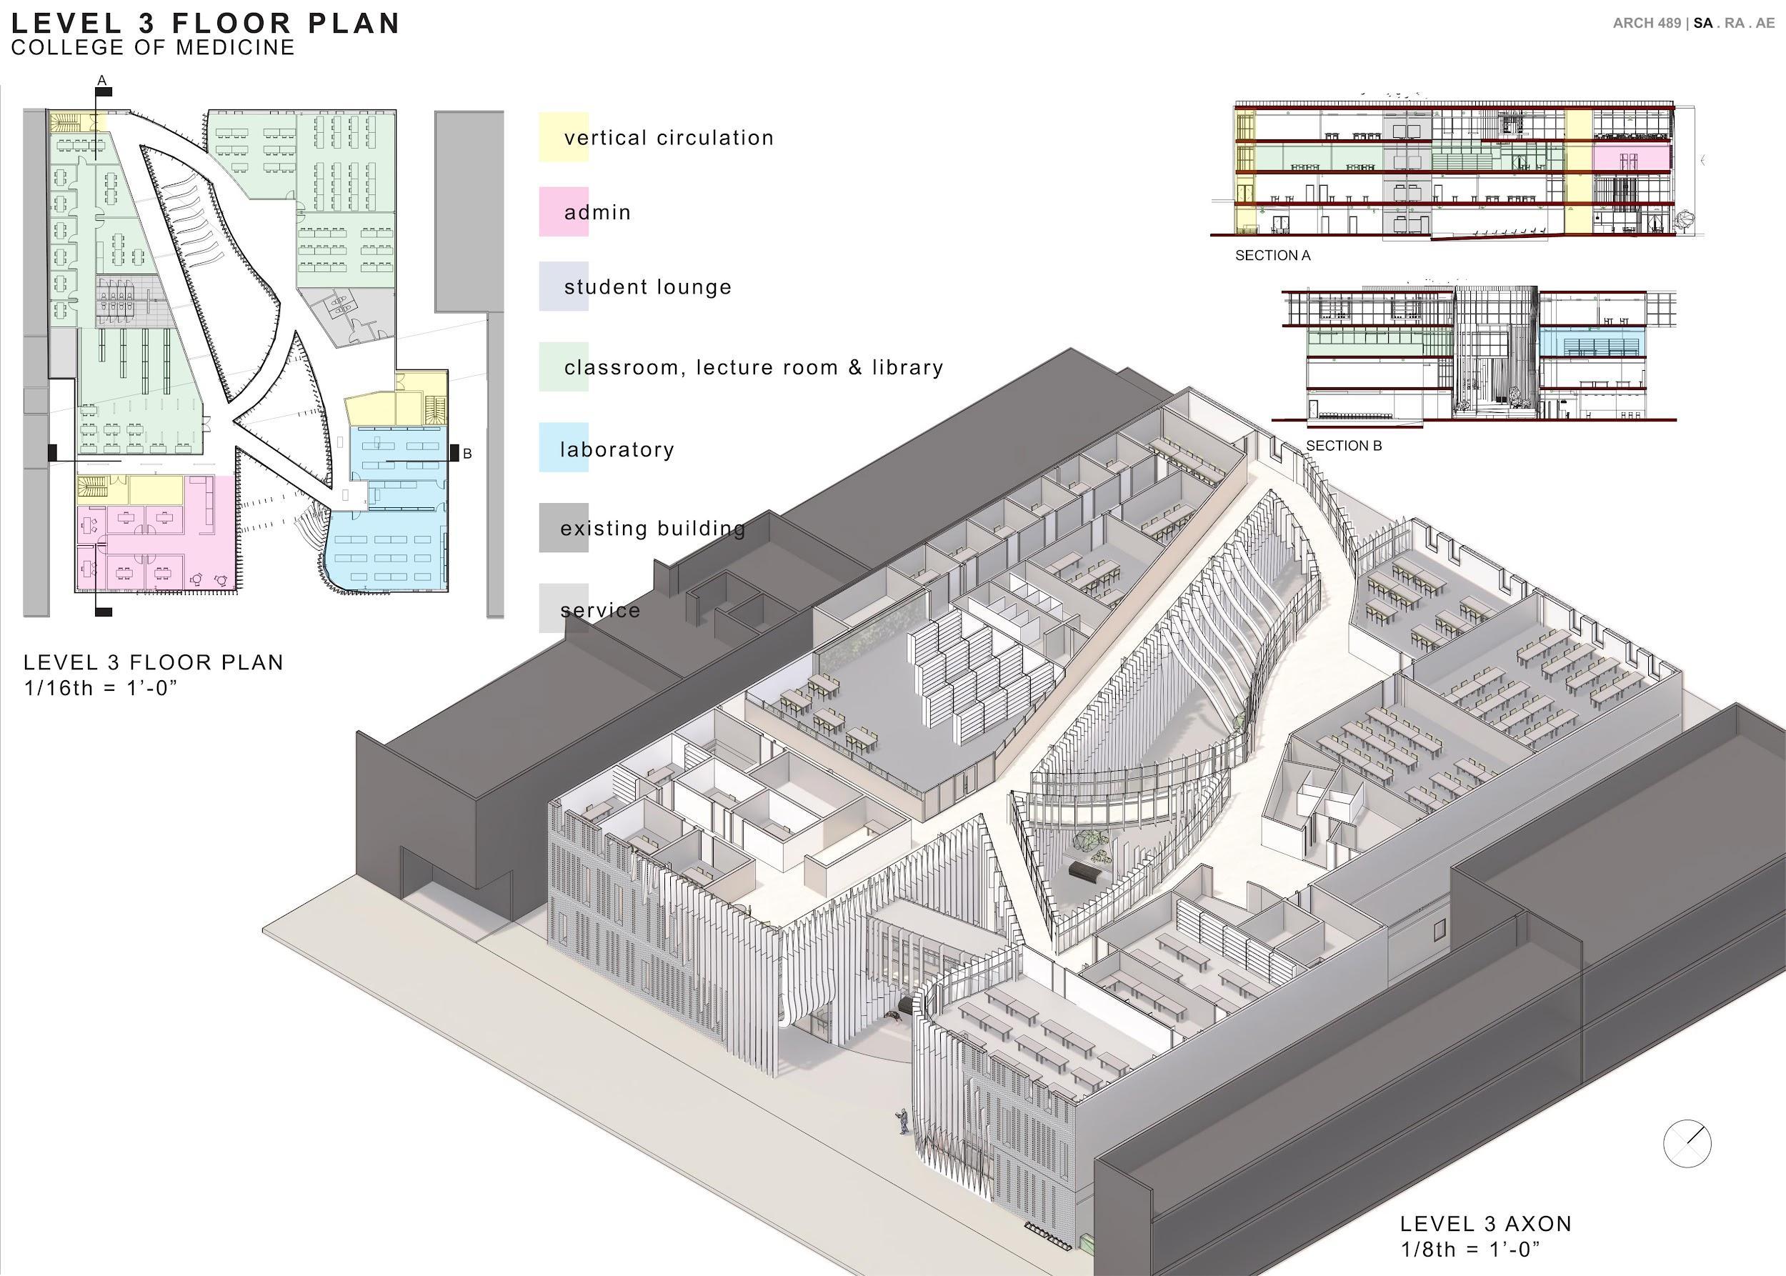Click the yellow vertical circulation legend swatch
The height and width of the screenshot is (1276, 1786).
click(563, 137)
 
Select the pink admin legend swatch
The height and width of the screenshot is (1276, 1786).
click(563, 211)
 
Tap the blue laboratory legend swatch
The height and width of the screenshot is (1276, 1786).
click(563, 447)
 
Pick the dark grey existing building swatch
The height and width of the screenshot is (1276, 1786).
click(563, 527)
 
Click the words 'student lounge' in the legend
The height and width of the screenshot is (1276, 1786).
click(647, 286)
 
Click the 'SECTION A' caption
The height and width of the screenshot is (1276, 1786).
click(1272, 255)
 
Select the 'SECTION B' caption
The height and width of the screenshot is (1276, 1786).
click(1343, 446)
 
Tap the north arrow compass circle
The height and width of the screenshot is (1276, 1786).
click(1687, 1143)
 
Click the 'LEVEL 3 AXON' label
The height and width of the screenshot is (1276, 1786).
click(1485, 1223)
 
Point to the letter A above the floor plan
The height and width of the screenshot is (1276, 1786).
click(101, 80)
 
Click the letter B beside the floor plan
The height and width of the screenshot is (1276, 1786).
click(467, 454)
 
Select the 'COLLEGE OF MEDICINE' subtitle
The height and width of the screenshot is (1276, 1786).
click(153, 47)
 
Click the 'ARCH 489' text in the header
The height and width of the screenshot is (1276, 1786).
click(1646, 24)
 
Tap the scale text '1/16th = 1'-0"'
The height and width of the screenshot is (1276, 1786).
click(101, 687)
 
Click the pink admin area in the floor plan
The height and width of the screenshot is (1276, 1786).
click(157, 542)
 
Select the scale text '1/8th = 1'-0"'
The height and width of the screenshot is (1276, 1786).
click(1470, 1250)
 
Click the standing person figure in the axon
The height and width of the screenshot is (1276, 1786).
click(904, 1120)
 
